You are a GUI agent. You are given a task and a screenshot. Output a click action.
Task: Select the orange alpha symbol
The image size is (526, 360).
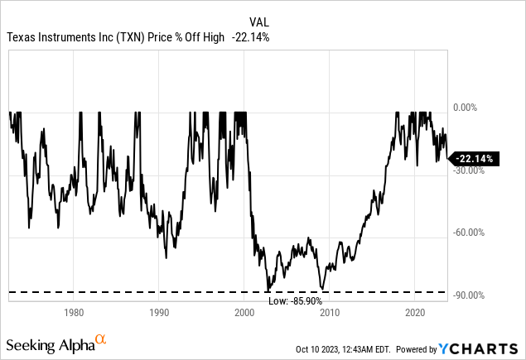click(100, 339)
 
